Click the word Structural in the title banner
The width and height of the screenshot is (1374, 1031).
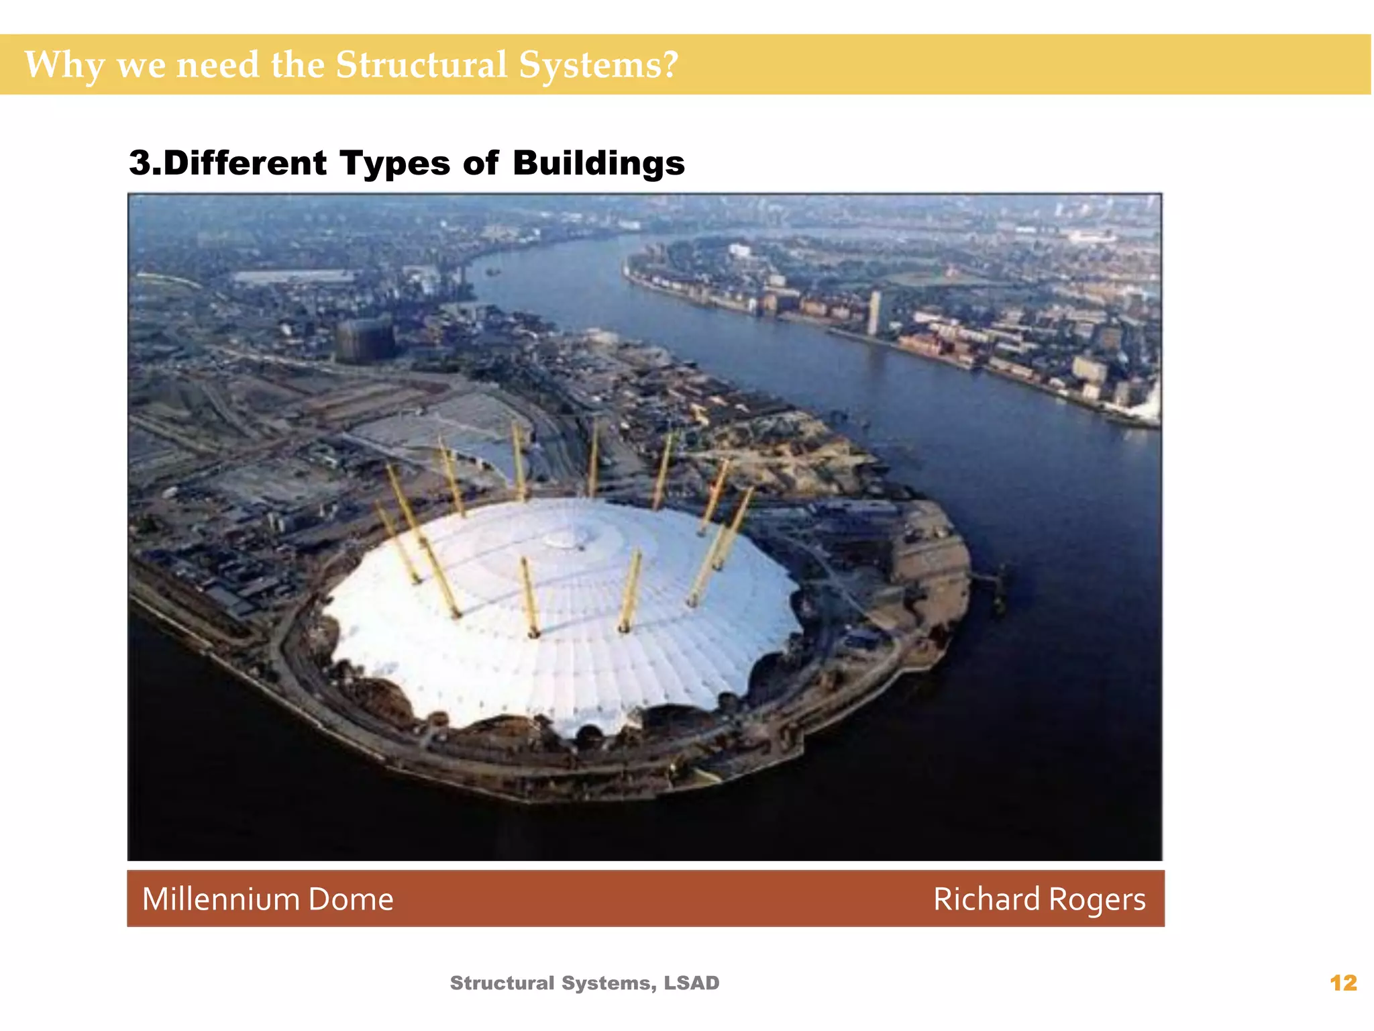[421, 64]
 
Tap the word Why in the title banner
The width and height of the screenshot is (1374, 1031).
[64, 66]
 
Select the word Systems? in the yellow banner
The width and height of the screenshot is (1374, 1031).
[598, 66]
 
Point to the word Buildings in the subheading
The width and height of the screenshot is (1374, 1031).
[598, 164]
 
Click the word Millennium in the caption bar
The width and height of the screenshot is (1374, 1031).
[221, 899]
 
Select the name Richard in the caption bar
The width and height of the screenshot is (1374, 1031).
[986, 899]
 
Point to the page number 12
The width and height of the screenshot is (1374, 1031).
[1343, 983]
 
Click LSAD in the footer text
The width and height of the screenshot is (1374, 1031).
[691, 983]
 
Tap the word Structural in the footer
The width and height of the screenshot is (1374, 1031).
[503, 983]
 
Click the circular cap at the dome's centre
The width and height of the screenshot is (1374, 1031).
[567, 537]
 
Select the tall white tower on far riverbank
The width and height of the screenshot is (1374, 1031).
[874, 313]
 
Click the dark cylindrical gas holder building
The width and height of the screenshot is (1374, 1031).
[364, 340]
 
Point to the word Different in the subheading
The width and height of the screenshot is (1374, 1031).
[245, 164]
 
